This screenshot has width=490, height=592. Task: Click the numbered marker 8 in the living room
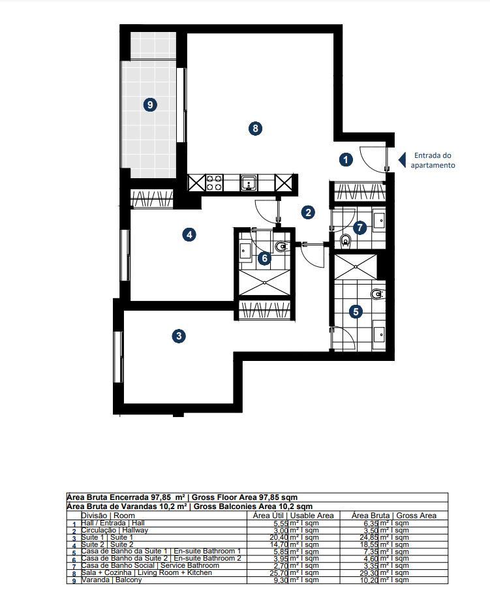point(256,129)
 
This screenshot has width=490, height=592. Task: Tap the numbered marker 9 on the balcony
point(150,104)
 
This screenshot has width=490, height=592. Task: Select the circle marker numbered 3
point(178,336)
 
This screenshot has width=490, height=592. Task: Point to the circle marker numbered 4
point(189,234)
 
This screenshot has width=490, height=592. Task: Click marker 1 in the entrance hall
point(346,159)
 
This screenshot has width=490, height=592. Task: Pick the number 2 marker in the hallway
point(308,211)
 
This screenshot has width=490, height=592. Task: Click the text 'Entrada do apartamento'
point(433,161)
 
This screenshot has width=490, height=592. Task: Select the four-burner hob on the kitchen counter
point(214,183)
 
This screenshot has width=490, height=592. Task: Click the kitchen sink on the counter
point(249,183)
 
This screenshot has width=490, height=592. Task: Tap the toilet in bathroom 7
point(346,241)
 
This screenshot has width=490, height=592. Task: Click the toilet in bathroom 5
point(377,294)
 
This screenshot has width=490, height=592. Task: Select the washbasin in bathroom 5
point(380,334)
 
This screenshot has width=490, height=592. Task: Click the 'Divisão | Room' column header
point(108,516)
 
